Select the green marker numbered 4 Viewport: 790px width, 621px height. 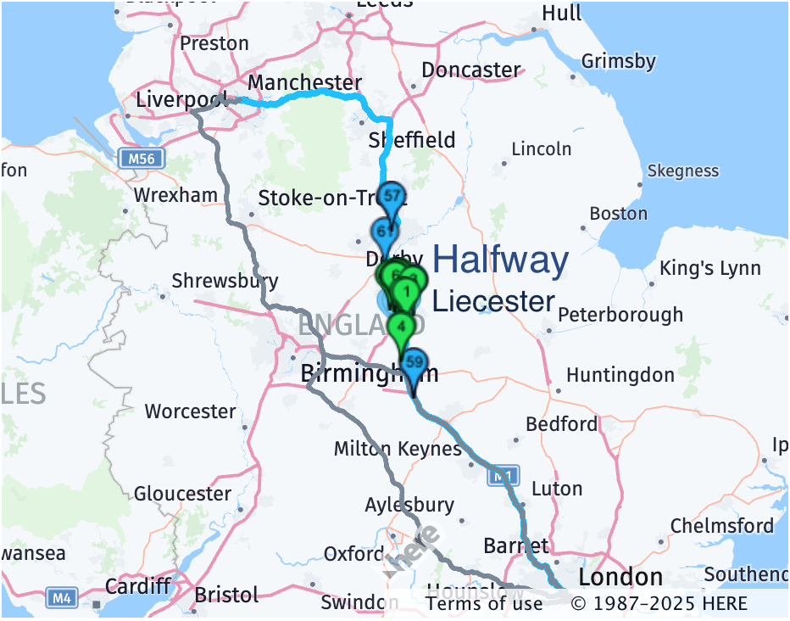pyautogui.click(x=400, y=327)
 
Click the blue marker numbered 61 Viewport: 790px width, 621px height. pyautogui.click(x=383, y=232)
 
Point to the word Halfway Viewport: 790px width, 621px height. pyautogui.click(x=501, y=260)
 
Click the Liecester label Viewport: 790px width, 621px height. pyautogui.click(x=493, y=301)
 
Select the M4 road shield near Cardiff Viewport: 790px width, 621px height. pyautogui.click(x=61, y=598)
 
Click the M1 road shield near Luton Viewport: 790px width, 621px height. pyautogui.click(x=503, y=478)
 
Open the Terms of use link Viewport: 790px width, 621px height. pyautogui.click(x=484, y=603)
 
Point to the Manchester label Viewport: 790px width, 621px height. pyautogui.click(x=304, y=82)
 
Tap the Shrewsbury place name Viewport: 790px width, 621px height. pyautogui.click(x=225, y=281)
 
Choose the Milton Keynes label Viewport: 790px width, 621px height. pyautogui.click(x=398, y=449)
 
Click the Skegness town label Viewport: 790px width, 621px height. pyautogui.click(x=682, y=171)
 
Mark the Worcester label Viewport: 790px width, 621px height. pyautogui.click(x=191, y=412)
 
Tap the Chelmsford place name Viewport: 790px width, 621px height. pyautogui.click(x=722, y=526)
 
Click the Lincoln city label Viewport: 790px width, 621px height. pyautogui.click(x=542, y=149)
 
